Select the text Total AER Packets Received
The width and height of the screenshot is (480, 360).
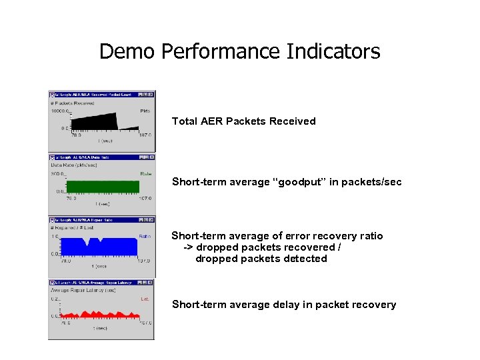click(243, 121)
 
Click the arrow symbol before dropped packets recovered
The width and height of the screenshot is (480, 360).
click(188, 247)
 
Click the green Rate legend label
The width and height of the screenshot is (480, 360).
click(145, 173)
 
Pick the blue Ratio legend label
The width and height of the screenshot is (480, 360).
click(145, 236)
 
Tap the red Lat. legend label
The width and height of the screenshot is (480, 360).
click(145, 299)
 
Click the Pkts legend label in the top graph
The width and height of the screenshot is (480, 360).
click(145, 111)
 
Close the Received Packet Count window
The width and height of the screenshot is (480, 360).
click(151, 95)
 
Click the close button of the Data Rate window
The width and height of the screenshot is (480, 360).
click(151, 157)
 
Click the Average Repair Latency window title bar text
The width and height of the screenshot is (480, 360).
click(93, 283)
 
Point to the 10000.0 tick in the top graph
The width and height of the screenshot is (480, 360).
click(60, 111)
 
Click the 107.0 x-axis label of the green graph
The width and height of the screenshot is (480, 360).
click(145, 198)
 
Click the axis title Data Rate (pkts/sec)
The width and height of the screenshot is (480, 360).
click(74, 165)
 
